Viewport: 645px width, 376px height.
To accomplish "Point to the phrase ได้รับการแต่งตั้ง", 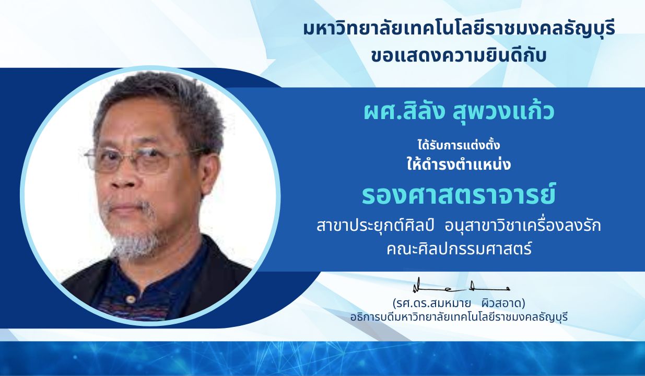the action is pos(459,145).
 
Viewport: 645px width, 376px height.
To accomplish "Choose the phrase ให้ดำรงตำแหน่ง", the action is pos(459,165).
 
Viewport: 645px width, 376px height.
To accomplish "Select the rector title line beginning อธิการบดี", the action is pos(459,316).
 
